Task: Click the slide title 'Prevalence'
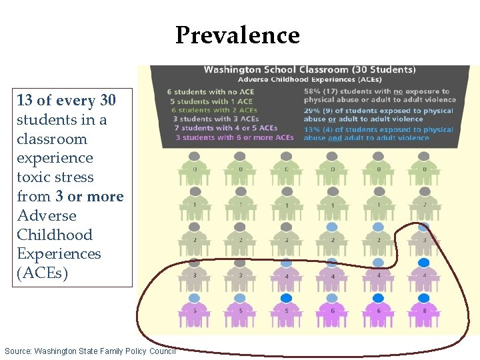[x=237, y=35]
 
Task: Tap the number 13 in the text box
[x=25, y=101]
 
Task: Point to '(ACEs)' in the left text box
[x=43, y=273]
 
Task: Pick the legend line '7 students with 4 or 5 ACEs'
[x=225, y=128]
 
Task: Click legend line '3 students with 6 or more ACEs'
[x=234, y=137]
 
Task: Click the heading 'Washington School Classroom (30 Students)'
[x=309, y=69]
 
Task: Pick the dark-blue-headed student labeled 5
[x=286, y=309]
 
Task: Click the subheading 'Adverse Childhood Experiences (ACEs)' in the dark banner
[x=309, y=79]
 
